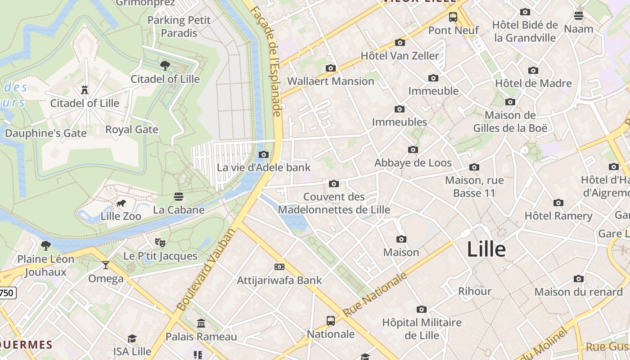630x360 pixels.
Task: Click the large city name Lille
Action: (x=486, y=249)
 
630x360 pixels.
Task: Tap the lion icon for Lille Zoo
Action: (x=121, y=203)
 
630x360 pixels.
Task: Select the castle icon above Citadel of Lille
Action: (x=85, y=90)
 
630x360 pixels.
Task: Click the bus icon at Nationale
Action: (x=331, y=321)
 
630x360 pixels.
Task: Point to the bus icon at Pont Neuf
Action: (x=453, y=17)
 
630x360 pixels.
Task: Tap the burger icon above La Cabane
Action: (x=179, y=197)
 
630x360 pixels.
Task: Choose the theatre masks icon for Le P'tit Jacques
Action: (x=160, y=243)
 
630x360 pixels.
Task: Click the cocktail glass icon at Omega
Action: (x=106, y=265)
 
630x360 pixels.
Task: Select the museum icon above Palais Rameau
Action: (x=201, y=324)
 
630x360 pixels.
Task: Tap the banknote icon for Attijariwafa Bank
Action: (x=279, y=267)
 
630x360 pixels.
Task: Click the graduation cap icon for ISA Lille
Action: (x=132, y=338)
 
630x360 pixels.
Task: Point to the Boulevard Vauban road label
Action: (x=206, y=270)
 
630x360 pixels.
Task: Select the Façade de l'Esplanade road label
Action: (x=273, y=61)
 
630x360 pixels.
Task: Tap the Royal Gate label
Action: (x=131, y=130)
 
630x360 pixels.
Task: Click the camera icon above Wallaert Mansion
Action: (x=331, y=68)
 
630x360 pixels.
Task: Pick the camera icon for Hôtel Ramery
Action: (x=558, y=202)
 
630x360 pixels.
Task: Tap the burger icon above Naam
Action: (x=579, y=16)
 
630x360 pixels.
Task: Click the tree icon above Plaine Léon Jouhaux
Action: (x=46, y=245)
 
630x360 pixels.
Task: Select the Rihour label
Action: (x=475, y=291)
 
